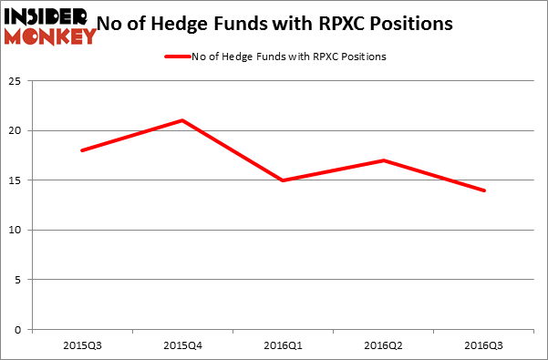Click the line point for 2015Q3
click(x=82, y=150)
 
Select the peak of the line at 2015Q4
click(x=182, y=120)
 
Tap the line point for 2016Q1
click(x=284, y=180)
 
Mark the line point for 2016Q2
click(x=384, y=160)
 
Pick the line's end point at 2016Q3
click(x=484, y=190)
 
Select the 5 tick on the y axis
click(x=21, y=280)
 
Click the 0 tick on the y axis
click(x=21, y=330)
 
